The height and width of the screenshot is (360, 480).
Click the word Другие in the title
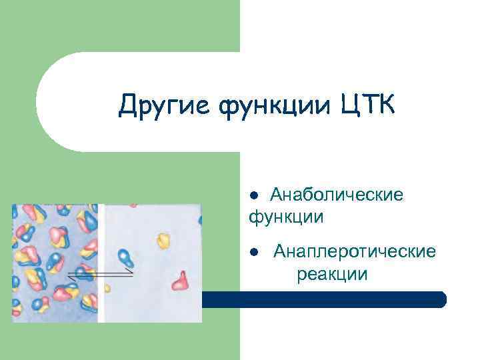point(156,105)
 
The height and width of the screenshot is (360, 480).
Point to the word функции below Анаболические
point(287,217)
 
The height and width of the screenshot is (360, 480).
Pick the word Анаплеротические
point(355,251)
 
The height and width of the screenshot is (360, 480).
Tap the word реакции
point(332,273)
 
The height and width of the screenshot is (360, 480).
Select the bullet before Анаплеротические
point(254,253)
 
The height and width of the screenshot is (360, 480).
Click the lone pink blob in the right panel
point(180,281)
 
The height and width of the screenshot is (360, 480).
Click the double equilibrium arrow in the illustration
point(100,273)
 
